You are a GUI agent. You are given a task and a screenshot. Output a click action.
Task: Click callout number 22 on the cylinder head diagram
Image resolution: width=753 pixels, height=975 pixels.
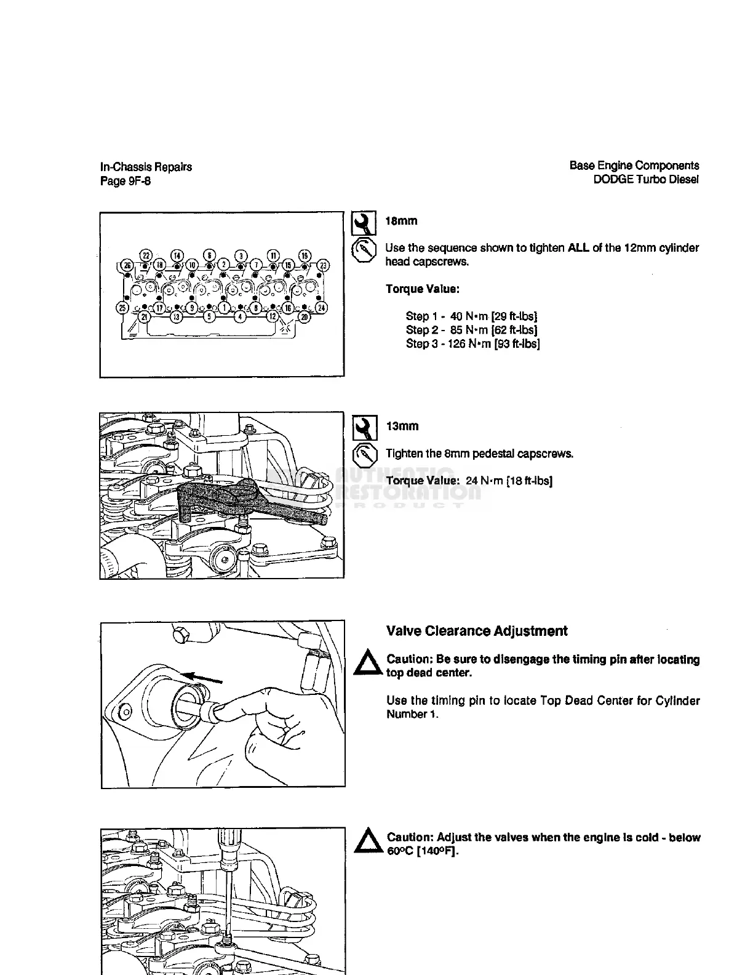(x=146, y=255)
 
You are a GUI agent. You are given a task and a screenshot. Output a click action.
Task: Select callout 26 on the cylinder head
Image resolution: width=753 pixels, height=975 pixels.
(x=127, y=265)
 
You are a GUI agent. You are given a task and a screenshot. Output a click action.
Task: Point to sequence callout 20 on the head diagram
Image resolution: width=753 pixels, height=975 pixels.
(x=304, y=316)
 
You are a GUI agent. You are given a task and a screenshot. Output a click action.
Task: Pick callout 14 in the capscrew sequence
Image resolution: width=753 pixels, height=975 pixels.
(x=177, y=255)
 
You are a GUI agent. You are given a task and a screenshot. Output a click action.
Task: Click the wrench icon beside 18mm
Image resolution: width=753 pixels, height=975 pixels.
(x=364, y=223)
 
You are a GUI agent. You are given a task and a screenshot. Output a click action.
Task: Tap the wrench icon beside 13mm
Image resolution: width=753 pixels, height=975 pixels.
(x=364, y=428)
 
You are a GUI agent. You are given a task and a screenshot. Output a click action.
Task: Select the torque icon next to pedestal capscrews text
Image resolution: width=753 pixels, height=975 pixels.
(x=364, y=455)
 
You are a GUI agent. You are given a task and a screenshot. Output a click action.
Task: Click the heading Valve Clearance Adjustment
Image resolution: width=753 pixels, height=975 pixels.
(x=477, y=631)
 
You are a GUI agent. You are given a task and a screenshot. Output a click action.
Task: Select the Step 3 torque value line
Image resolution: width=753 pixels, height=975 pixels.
(x=472, y=343)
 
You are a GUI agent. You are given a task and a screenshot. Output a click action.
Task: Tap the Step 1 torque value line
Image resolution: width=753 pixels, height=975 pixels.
(x=471, y=316)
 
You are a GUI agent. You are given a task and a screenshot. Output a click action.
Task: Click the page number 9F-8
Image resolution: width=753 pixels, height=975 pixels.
(x=139, y=181)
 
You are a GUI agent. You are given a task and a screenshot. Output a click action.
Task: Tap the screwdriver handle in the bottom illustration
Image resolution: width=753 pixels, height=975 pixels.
(x=230, y=844)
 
